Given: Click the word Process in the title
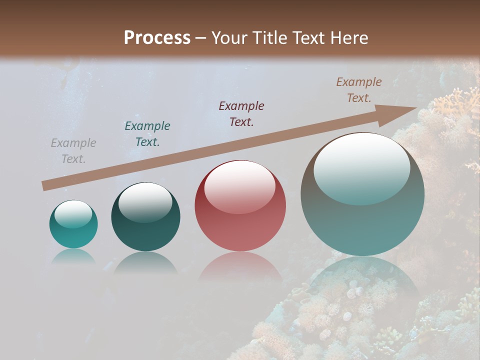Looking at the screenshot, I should (157, 38).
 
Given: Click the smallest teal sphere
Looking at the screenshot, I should (73, 224).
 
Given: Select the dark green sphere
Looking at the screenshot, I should (145, 217).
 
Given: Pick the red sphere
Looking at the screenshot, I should (240, 206).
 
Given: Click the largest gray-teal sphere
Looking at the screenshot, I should (362, 194).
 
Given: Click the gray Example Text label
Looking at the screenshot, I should (73, 151).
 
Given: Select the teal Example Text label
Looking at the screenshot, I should (147, 134).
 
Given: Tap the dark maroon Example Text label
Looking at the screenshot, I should (241, 114).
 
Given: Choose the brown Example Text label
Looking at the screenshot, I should (359, 90).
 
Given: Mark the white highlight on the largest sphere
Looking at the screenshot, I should (362, 167).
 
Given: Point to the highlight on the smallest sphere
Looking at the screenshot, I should (73, 214).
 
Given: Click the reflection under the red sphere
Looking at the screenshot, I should (240, 267).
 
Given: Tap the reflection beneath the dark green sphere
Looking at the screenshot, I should (145, 262).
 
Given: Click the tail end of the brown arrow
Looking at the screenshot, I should (46, 185).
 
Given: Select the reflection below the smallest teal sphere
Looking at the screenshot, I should (73, 256).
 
